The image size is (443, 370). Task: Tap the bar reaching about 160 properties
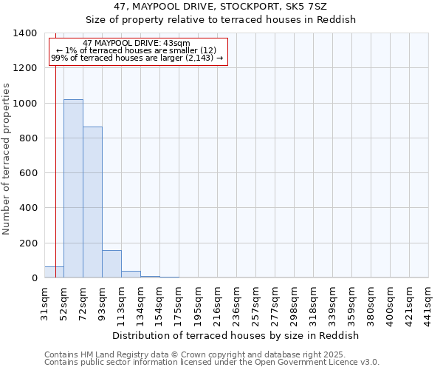111,264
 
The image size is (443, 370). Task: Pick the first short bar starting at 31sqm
54,272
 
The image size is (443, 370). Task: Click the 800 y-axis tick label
28,138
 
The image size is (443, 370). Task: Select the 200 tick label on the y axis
28,243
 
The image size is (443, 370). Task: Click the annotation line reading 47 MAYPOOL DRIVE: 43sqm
137,44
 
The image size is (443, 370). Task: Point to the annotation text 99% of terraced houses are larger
137,58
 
